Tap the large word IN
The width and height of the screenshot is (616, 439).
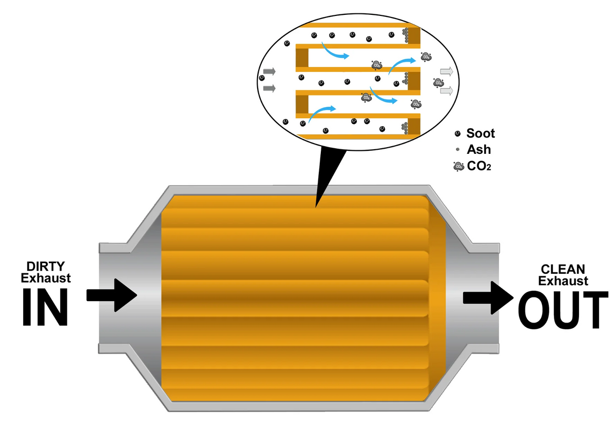coord(45,306)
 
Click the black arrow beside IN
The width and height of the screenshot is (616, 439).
coord(111,295)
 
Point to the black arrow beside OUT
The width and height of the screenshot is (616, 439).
coord(488,297)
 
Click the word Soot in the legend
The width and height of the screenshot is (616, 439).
coord(480,134)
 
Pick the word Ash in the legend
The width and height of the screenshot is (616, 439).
coord(478,150)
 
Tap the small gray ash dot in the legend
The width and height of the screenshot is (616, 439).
coord(457,150)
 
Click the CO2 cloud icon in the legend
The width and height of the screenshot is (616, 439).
coord(457,166)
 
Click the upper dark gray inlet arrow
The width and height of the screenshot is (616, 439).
coord(269,71)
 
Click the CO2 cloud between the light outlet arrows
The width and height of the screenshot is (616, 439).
coord(438,82)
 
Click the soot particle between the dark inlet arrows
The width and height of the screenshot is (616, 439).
coord(262,78)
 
